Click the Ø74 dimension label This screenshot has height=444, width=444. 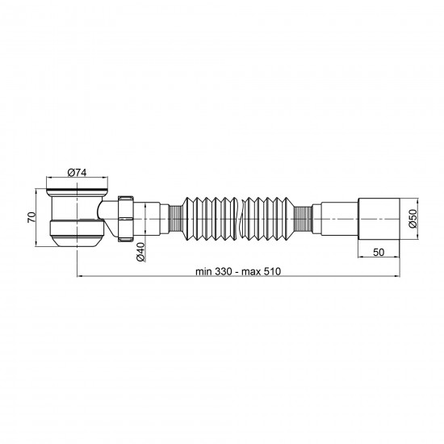(x=77, y=172)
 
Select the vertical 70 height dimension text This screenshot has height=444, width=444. (x=31, y=217)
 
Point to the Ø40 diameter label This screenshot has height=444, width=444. (x=140, y=252)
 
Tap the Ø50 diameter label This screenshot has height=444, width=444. (x=413, y=218)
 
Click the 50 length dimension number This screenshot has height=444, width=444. (x=379, y=252)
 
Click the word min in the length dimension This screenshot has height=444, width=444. (x=204, y=271)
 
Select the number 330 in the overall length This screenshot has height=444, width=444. (x=224, y=271)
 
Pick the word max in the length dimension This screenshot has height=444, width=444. (x=250, y=272)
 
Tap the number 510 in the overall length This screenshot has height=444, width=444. (x=271, y=271)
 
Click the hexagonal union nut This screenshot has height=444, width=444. (x=125, y=218)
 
